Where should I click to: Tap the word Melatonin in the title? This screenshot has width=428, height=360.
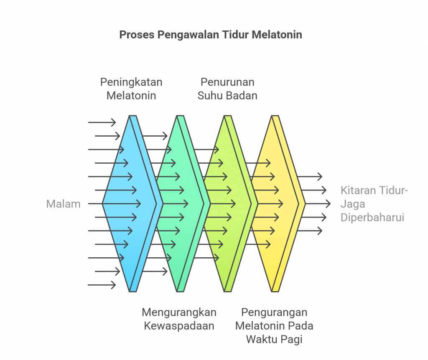point(277,35)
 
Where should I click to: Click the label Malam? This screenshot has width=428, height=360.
point(63,204)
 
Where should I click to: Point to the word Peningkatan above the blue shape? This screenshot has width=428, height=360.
point(131,82)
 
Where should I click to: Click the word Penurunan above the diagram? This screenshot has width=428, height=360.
point(227,82)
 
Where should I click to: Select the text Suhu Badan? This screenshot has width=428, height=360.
point(227,95)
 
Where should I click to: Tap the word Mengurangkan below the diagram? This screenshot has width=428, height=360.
point(179,312)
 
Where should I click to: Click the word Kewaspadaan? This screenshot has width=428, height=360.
point(179,326)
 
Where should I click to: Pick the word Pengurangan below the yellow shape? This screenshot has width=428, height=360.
point(274,312)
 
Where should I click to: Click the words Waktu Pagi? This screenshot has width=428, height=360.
point(274,339)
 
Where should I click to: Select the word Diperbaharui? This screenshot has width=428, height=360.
point(372,218)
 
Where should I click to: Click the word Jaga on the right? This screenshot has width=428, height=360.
point(352,204)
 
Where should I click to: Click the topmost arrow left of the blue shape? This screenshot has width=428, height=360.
point(102,122)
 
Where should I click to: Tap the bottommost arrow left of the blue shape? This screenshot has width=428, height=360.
point(102,285)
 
